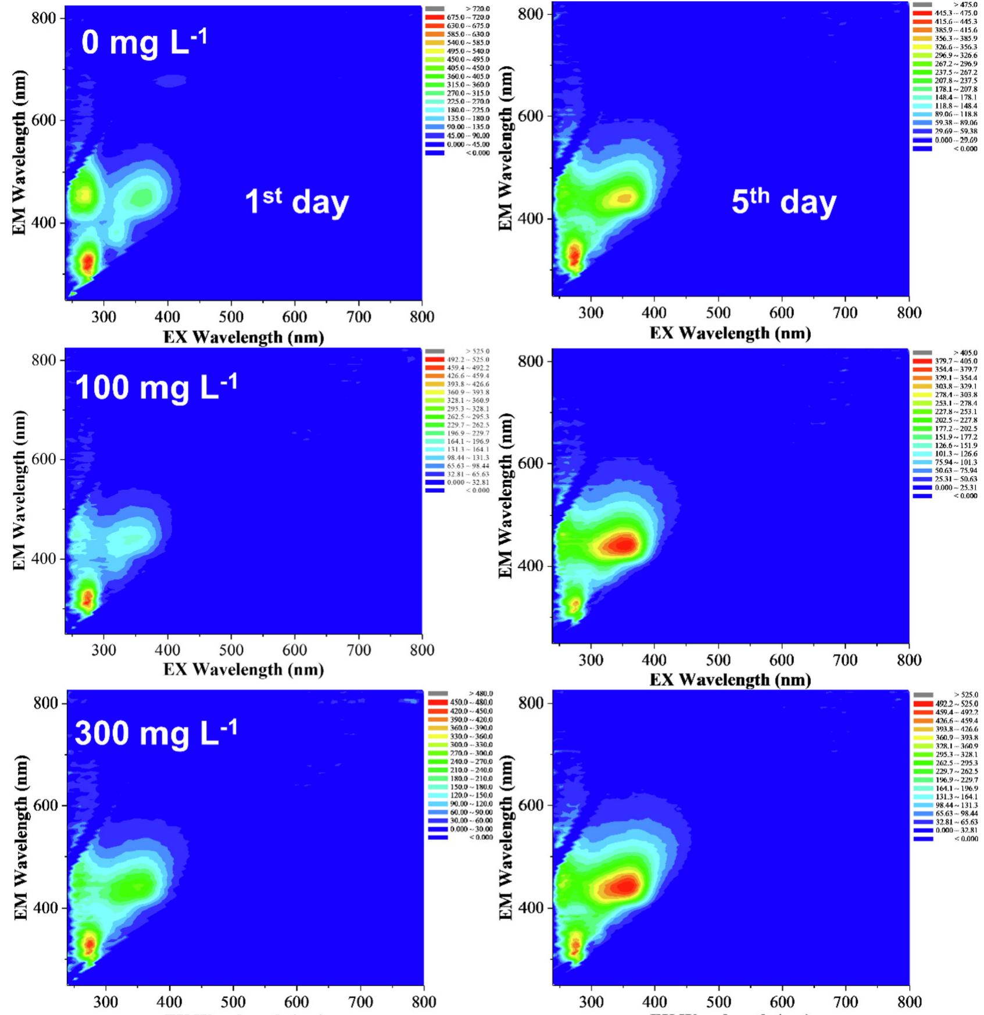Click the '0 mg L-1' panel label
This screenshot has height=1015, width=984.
tap(144, 43)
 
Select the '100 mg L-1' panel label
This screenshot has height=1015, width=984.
tap(156, 387)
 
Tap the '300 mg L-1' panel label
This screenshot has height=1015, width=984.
tap(156, 733)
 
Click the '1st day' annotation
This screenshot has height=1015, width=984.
tap(296, 202)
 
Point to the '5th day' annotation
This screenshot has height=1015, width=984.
tap(783, 201)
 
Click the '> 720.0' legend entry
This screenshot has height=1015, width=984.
tap(477, 9)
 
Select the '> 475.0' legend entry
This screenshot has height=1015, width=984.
tap(965, 5)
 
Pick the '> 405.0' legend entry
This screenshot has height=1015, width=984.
tap(965, 352)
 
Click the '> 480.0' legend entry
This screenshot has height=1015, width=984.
tap(480, 693)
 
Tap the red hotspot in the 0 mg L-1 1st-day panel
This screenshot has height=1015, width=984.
tap(88, 262)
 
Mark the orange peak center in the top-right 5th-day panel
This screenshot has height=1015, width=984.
tap(624, 198)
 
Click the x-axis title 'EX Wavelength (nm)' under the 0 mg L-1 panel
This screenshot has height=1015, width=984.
tap(243, 337)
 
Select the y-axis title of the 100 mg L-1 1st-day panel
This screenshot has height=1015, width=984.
tap(19, 490)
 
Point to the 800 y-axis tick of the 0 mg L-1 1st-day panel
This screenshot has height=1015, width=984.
tap(44, 18)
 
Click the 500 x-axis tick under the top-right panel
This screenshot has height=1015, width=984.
tap(718, 313)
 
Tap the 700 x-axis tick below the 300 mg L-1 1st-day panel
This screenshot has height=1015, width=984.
tap(360, 1002)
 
